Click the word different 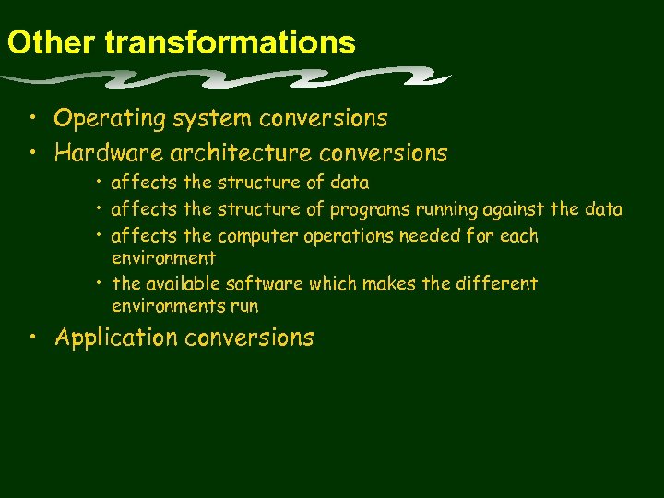click(499, 283)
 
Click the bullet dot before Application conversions click(32, 338)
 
